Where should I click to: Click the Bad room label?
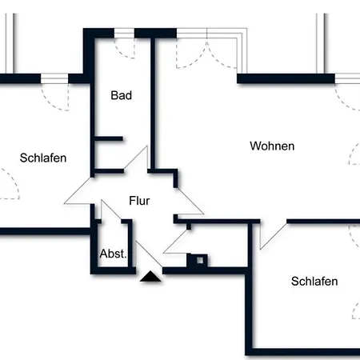click(x=122, y=95)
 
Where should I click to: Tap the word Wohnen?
click(x=272, y=146)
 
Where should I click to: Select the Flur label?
click(x=139, y=201)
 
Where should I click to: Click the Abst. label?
click(x=113, y=254)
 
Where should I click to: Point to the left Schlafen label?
click(x=43, y=158)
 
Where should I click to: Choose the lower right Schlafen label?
click(x=314, y=282)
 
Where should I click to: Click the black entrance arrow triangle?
click(x=150, y=277)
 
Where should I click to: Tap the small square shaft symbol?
click(x=200, y=260)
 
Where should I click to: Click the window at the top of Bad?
click(x=124, y=34)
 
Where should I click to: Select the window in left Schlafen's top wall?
click(x=54, y=78)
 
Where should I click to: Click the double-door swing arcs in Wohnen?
click(x=206, y=54)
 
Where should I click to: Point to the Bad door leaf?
click(x=136, y=158)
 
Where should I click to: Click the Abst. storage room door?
click(x=111, y=210)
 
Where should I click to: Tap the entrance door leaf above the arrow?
click(x=149, y=254)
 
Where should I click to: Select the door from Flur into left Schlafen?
click(x=78, y=191)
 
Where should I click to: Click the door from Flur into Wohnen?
click(x=190, y=202)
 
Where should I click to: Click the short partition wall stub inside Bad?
click(x=109, y=138)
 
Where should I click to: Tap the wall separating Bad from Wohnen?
click(x=153, y=103)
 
